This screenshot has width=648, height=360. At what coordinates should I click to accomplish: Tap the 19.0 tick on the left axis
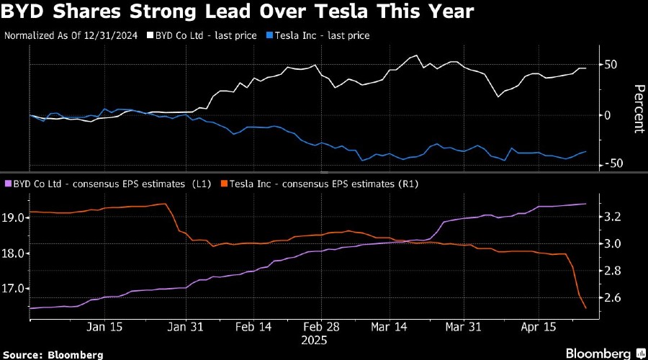point(16,217)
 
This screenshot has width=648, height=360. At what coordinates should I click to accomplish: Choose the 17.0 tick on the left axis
point(16,289)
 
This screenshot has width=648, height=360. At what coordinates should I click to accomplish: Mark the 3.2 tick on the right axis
point(613,217)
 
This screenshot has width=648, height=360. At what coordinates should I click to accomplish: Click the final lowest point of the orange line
point(585,308)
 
